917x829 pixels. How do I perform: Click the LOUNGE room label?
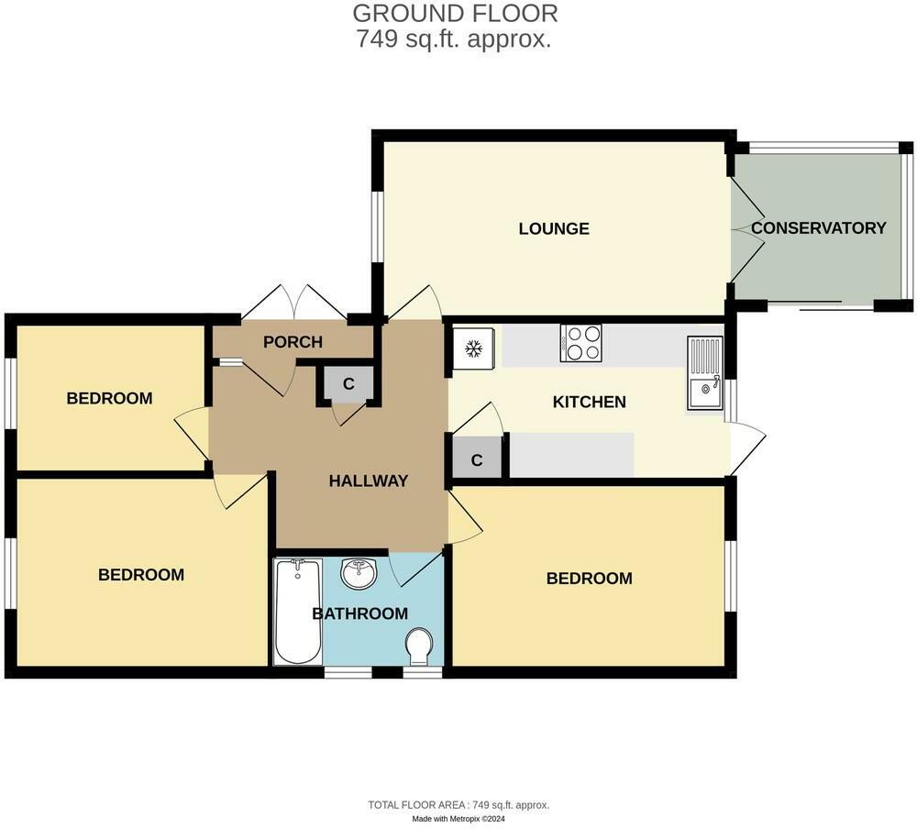click(553, 229)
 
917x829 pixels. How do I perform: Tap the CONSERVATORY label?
click(818, 228)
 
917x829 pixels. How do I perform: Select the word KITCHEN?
click(590, 402)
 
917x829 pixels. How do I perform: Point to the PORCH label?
click(293, 342)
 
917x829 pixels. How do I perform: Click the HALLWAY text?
click(368, 481)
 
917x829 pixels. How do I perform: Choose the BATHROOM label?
click(359, 613)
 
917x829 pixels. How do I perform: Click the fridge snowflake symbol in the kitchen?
click(474, 348)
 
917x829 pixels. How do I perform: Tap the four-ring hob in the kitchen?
click(581, 344)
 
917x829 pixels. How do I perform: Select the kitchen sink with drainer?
click(705, 373)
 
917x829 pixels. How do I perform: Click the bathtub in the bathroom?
click(297, 612)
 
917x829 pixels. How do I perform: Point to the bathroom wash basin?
click(359, 576)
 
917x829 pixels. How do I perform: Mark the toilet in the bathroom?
click(421, 647)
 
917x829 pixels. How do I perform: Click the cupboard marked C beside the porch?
click(348, 384)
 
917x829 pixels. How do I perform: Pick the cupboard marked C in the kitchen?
click(477, 460)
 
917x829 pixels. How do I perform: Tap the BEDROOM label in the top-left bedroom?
click(109, 398)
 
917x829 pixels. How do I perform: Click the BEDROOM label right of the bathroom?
click(589, 579)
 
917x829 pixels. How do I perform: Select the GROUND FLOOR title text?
click(455, 14)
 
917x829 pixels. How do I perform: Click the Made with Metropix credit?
click(458, 819)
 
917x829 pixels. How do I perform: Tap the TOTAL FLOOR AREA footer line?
click(458, 805)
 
